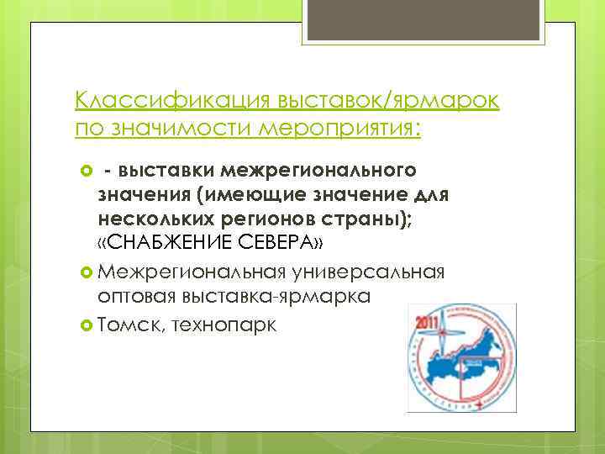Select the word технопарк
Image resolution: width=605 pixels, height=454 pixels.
click(x=222, y=324)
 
